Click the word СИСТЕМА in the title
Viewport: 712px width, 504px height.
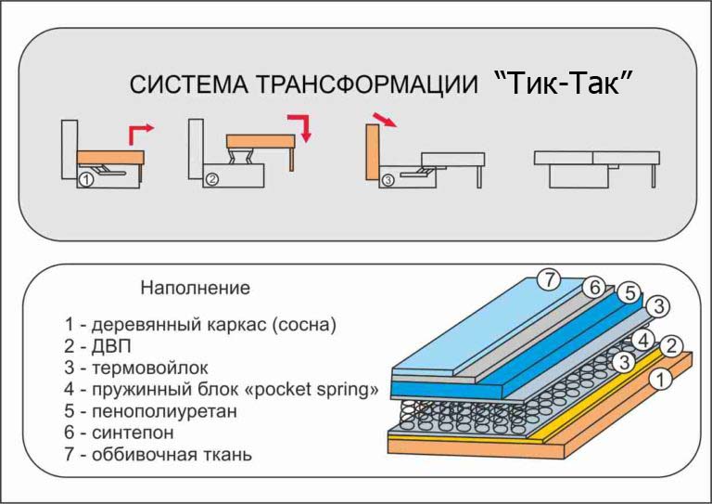pyautogui.click(x=189, y=84)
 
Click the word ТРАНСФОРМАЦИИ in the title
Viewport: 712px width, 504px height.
pyautogui.click(x=367, y=84)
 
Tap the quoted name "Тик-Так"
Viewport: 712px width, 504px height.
pyautogui.click(x=563, y=83)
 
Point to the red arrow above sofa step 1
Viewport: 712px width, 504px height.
pyautogui.click(x=141, y=133)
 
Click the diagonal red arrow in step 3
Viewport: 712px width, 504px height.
pyautogui.click(x=384, y=120)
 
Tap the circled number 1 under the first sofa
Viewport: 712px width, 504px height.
pyautogui.click(x=86, y=180)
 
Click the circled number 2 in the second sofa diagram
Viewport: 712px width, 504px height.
pyautogui.click(x=212, y=179)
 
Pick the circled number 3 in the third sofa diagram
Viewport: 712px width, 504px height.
pyautogui.click(x=388, y=180)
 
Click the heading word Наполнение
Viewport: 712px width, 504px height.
pyautogui.click(x=196, y=288)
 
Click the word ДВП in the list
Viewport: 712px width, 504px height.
pyautogui.click(x=111, y=346)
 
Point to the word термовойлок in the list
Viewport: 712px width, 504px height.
pyautogui.click(x=150, y=368)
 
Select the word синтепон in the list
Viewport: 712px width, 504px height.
pyautogui.click(x=133, y=433)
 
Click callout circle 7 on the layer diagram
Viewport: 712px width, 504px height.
pyautogui.click(x=550, y=279)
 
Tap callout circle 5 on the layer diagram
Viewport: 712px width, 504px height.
pyautogui.click(x=629, y=293)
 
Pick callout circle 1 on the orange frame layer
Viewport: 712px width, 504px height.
pyautogui.click(x=661, y=379)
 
